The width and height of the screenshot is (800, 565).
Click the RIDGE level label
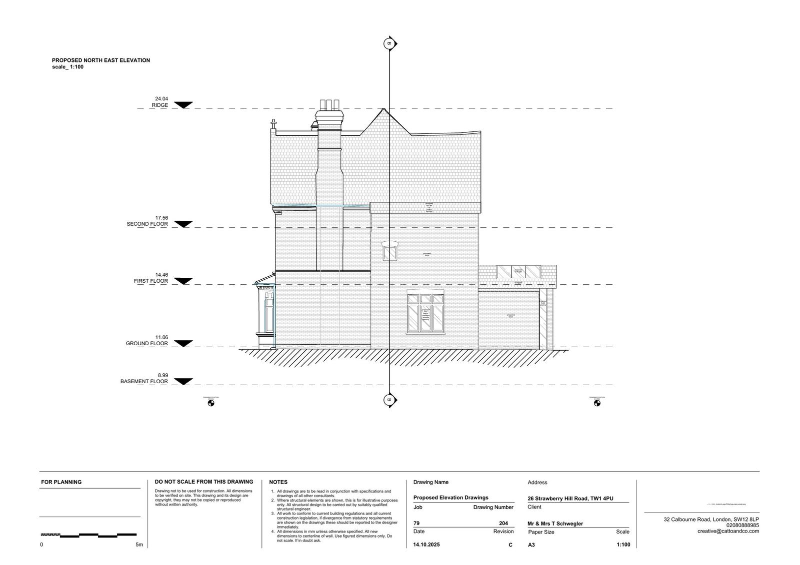[160, 105]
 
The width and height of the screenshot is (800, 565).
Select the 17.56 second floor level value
[161, 218]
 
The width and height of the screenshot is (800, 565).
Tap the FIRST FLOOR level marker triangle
[183, 281]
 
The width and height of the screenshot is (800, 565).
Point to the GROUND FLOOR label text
[146, 344]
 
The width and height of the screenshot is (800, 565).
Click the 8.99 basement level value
[162, 375]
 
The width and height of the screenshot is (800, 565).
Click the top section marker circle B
[388, 43]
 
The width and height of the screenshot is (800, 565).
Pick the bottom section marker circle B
[388, 400]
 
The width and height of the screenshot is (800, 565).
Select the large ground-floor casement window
[425, 312]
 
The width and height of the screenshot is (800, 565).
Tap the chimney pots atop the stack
[329, 105]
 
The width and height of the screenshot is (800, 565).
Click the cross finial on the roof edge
[273, 123]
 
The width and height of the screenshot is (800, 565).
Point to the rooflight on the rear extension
[518, 272]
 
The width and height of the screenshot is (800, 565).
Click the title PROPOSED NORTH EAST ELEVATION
[101, 60]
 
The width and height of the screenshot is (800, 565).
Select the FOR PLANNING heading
[61, 482]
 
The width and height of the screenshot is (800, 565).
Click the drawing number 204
[503, 524]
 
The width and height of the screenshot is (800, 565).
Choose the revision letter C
[510, 545]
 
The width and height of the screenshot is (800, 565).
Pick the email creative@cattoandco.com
[728, 531]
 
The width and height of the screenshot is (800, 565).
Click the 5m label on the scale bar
[139, 545]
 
